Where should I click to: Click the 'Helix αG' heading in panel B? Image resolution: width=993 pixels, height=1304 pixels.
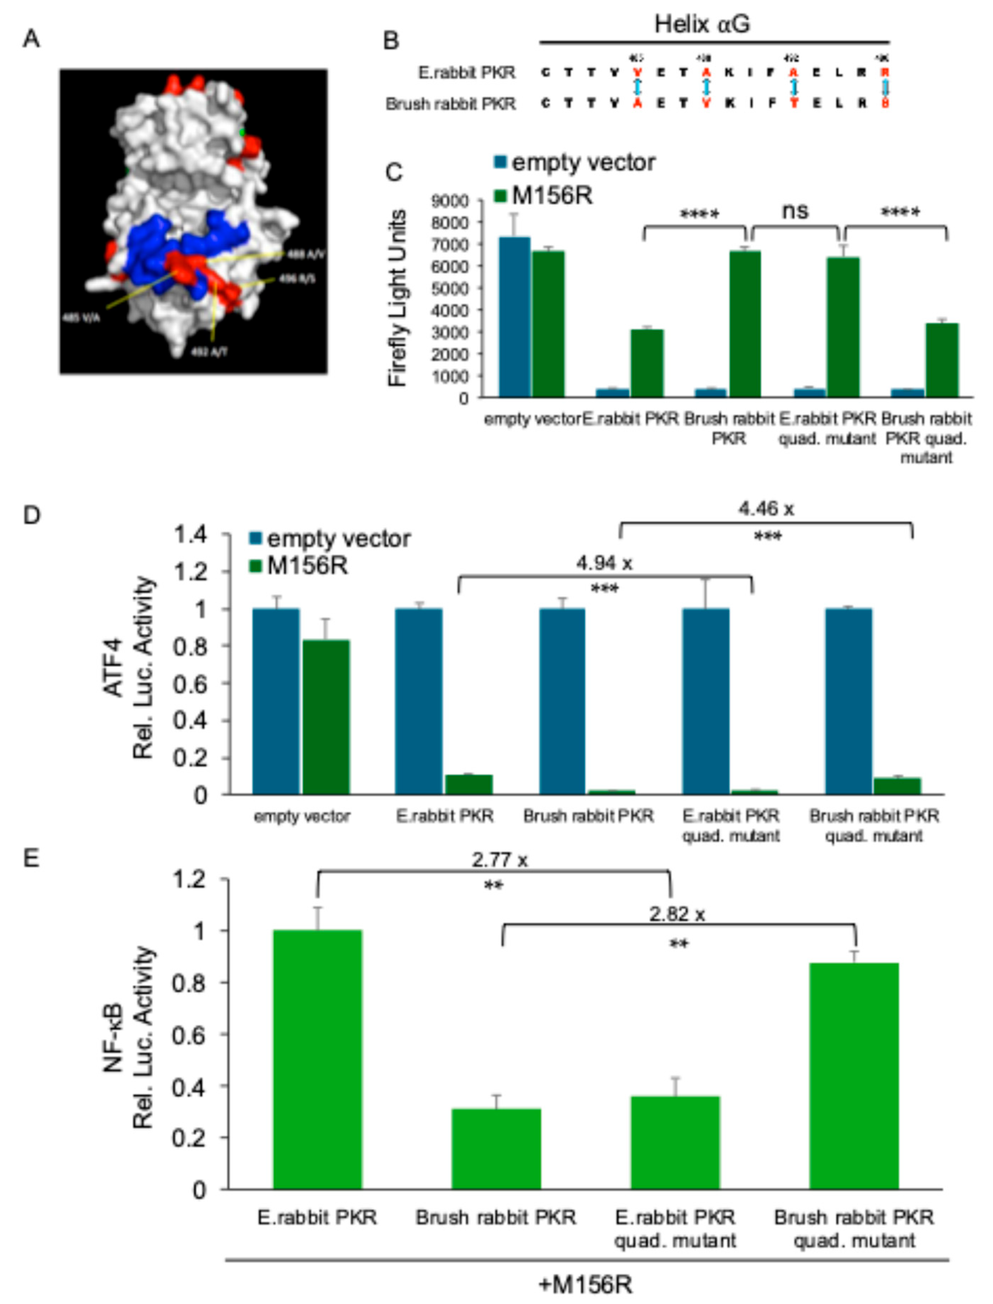(x=702, y=25)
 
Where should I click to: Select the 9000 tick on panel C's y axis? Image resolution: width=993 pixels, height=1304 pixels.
(x=450, y=201)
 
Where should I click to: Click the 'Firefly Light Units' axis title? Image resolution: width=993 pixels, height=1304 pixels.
(x=398, y=298)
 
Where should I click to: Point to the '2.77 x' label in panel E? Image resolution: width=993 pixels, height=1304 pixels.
(x=500, y=860)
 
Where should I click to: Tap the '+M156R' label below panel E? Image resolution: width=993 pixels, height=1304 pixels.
(x=585, y=1284)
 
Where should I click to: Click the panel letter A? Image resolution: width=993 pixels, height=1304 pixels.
(x=31, y=40)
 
